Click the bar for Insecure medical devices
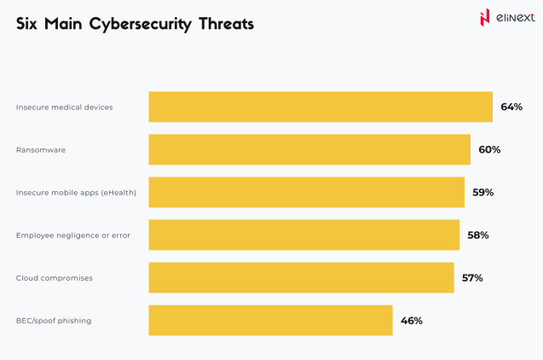[321, 107]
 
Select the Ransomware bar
[309, 149]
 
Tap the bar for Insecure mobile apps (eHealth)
[306, 192]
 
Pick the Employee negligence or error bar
[303, 235]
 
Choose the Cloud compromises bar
[301, 277]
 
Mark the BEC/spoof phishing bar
[270, 320]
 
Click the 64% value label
[511, 107]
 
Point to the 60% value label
[489, 149]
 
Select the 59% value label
[483, 192]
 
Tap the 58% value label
[478, 235]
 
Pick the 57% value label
[472, 277]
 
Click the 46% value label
[412, 321]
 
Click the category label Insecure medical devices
[64, 107]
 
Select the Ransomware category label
[41, 150]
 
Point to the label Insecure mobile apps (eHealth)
[76, 193]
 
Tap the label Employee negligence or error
[73, 235]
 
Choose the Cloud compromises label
[55, 278]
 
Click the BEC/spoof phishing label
[54, 321]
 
